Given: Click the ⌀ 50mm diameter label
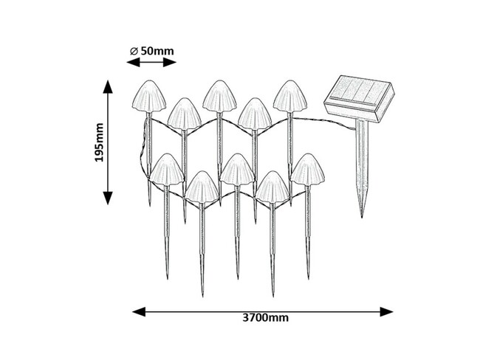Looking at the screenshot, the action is [x=152, y=51].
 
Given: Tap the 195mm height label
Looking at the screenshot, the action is [x=99, y=142].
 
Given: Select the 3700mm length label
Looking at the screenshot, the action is [x=265, y=318].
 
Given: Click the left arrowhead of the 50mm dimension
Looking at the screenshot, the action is [x=133, y=63].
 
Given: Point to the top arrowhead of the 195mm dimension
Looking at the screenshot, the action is [x=108, y=86].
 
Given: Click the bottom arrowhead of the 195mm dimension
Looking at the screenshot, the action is [x=108, y=198].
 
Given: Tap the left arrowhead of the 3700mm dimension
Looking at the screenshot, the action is [x=139, y=311].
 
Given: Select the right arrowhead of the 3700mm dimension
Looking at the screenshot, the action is [x=386, y=311].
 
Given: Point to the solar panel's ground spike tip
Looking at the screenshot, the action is [x=362, y=217].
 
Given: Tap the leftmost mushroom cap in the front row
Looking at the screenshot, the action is [x=167, y=170].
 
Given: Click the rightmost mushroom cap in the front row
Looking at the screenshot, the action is [x=308, y=170].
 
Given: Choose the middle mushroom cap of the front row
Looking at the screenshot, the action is [x=237, y=170].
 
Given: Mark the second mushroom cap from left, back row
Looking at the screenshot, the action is [x=185, y=114].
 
